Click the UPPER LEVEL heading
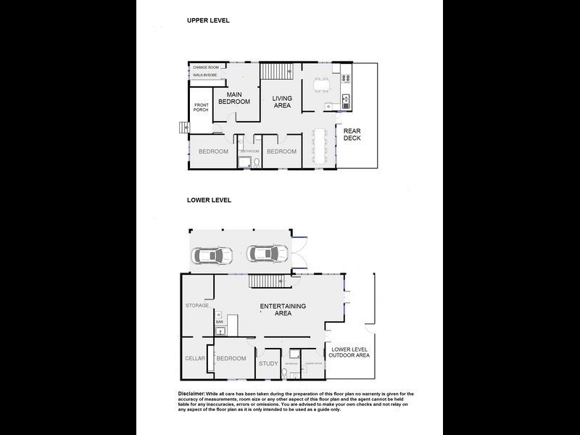208,20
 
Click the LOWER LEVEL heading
209,200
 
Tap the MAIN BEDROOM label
234,98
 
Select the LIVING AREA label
281,101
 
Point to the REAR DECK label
352,134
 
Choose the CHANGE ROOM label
205,67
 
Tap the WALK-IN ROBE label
205,75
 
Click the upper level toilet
255,163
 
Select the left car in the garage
212,255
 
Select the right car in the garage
267,254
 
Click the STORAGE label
197,305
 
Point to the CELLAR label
195,358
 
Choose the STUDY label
268,363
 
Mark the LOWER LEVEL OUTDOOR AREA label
349,352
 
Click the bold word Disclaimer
192,393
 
